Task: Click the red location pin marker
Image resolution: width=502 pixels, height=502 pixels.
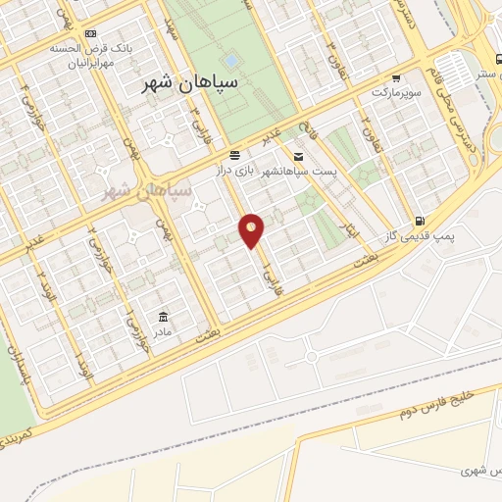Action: [x=252, y=229]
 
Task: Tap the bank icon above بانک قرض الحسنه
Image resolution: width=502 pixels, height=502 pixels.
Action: [x=91, y=33]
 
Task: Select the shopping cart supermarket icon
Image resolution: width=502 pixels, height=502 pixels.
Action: [x=395, y=77]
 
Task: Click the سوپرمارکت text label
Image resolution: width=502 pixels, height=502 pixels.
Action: [x=395, y=92]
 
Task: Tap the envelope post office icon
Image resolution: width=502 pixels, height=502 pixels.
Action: [x=298, y=156]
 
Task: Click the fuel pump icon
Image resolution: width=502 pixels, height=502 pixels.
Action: [x=420, y=222]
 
